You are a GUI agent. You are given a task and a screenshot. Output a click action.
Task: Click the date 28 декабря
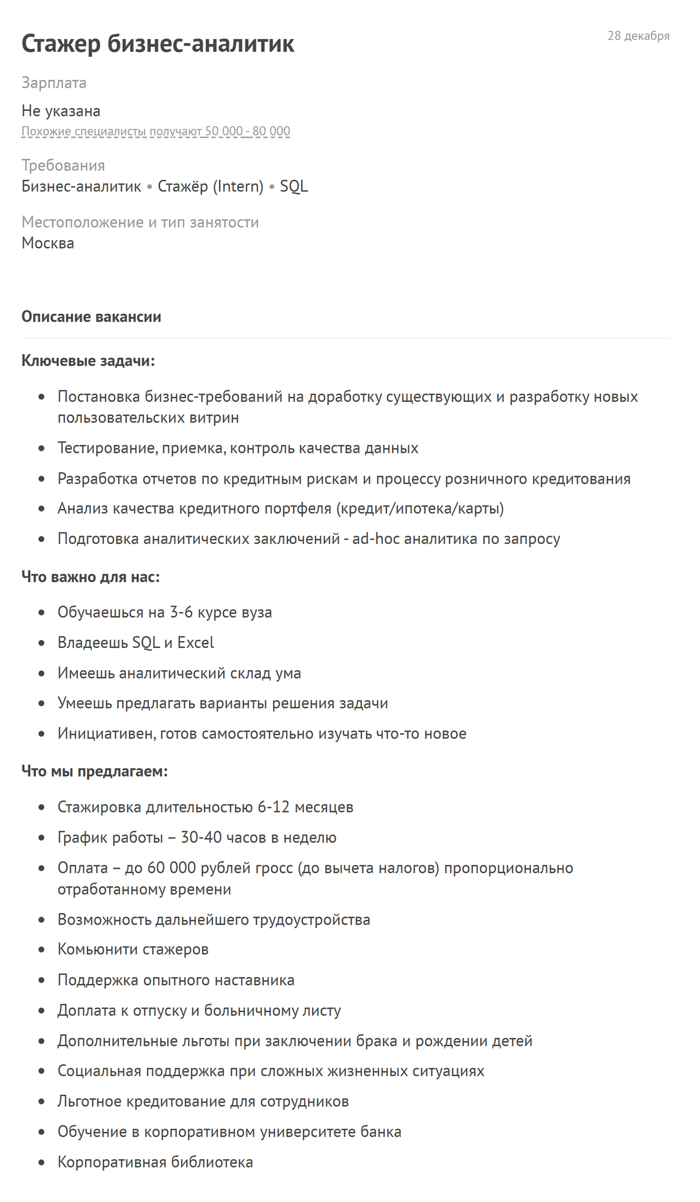click(x=638, y=36)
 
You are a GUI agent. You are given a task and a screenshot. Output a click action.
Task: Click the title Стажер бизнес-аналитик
click(x=158, y=43)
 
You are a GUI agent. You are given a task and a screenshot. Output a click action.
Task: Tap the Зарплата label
click(x=54, y=82)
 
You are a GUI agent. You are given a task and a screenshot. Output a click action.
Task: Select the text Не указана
click(x=61, y=111)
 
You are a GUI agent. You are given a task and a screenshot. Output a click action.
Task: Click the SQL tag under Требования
click(x=293, y=186)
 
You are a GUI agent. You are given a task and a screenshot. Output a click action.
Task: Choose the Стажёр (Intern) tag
click(x=210, y=186)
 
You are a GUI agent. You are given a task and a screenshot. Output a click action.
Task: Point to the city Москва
click(x=48, y=243)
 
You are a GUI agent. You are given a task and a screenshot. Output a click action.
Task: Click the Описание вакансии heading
click(x=91, y=316)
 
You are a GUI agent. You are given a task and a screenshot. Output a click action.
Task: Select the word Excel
click(x=196, y=643)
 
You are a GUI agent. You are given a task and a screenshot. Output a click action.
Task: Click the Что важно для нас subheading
click(x=91, y=577)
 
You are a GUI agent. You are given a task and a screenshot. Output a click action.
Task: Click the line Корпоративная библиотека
click(x=155, y=1162)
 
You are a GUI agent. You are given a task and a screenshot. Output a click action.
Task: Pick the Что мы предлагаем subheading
click(x=94, y=771)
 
